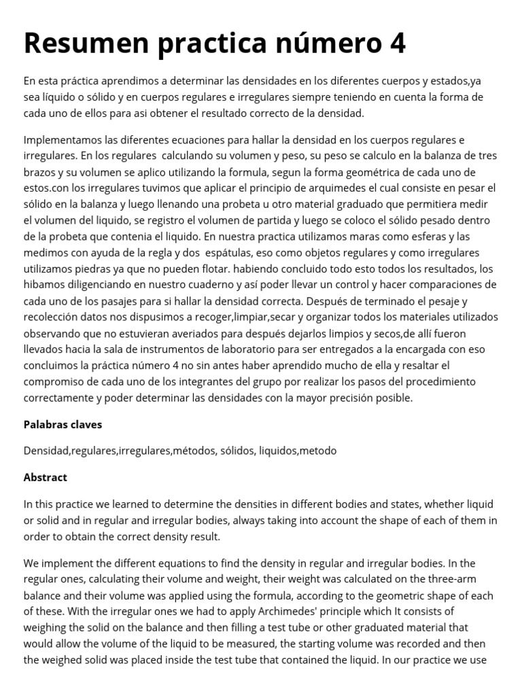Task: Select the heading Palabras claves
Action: (63, 424)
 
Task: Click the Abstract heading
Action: (45, 477)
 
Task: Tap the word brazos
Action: (40, 171)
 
